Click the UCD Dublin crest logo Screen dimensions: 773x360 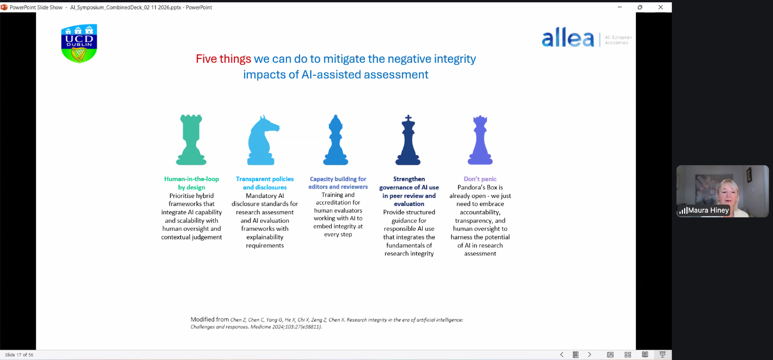[x=79, y=43]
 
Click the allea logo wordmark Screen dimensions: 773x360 [x=568, y=38]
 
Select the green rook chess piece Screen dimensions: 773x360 [x=191, y=140]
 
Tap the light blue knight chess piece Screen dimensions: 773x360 [x=263, y=140]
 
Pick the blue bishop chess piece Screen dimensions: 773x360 [x=335, y=140]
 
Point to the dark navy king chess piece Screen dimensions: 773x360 [x=408, y=140]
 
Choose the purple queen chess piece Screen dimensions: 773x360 [x=480, y=140]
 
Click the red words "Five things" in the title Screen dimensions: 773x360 [x=223, y=59]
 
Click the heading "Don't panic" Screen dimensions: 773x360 [x=480, y=179]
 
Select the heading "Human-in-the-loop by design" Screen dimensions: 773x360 [x=192, y=183]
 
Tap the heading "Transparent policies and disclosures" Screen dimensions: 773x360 [x=265, y=183]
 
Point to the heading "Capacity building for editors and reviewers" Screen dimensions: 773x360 [x=338, y=183]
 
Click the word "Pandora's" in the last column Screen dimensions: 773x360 [x=470, y=187]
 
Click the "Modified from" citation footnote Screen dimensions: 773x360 [x=327, y=323]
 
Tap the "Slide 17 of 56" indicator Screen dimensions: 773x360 [x=19, y=355]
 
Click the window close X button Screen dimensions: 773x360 [x=661, y=7]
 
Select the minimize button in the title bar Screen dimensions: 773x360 [x=620, y=7]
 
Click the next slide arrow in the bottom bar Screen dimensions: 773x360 [x=589, y=355]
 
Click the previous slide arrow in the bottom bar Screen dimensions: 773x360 [x=562, y=355]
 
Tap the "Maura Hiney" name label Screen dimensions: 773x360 [x=708, y=210]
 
